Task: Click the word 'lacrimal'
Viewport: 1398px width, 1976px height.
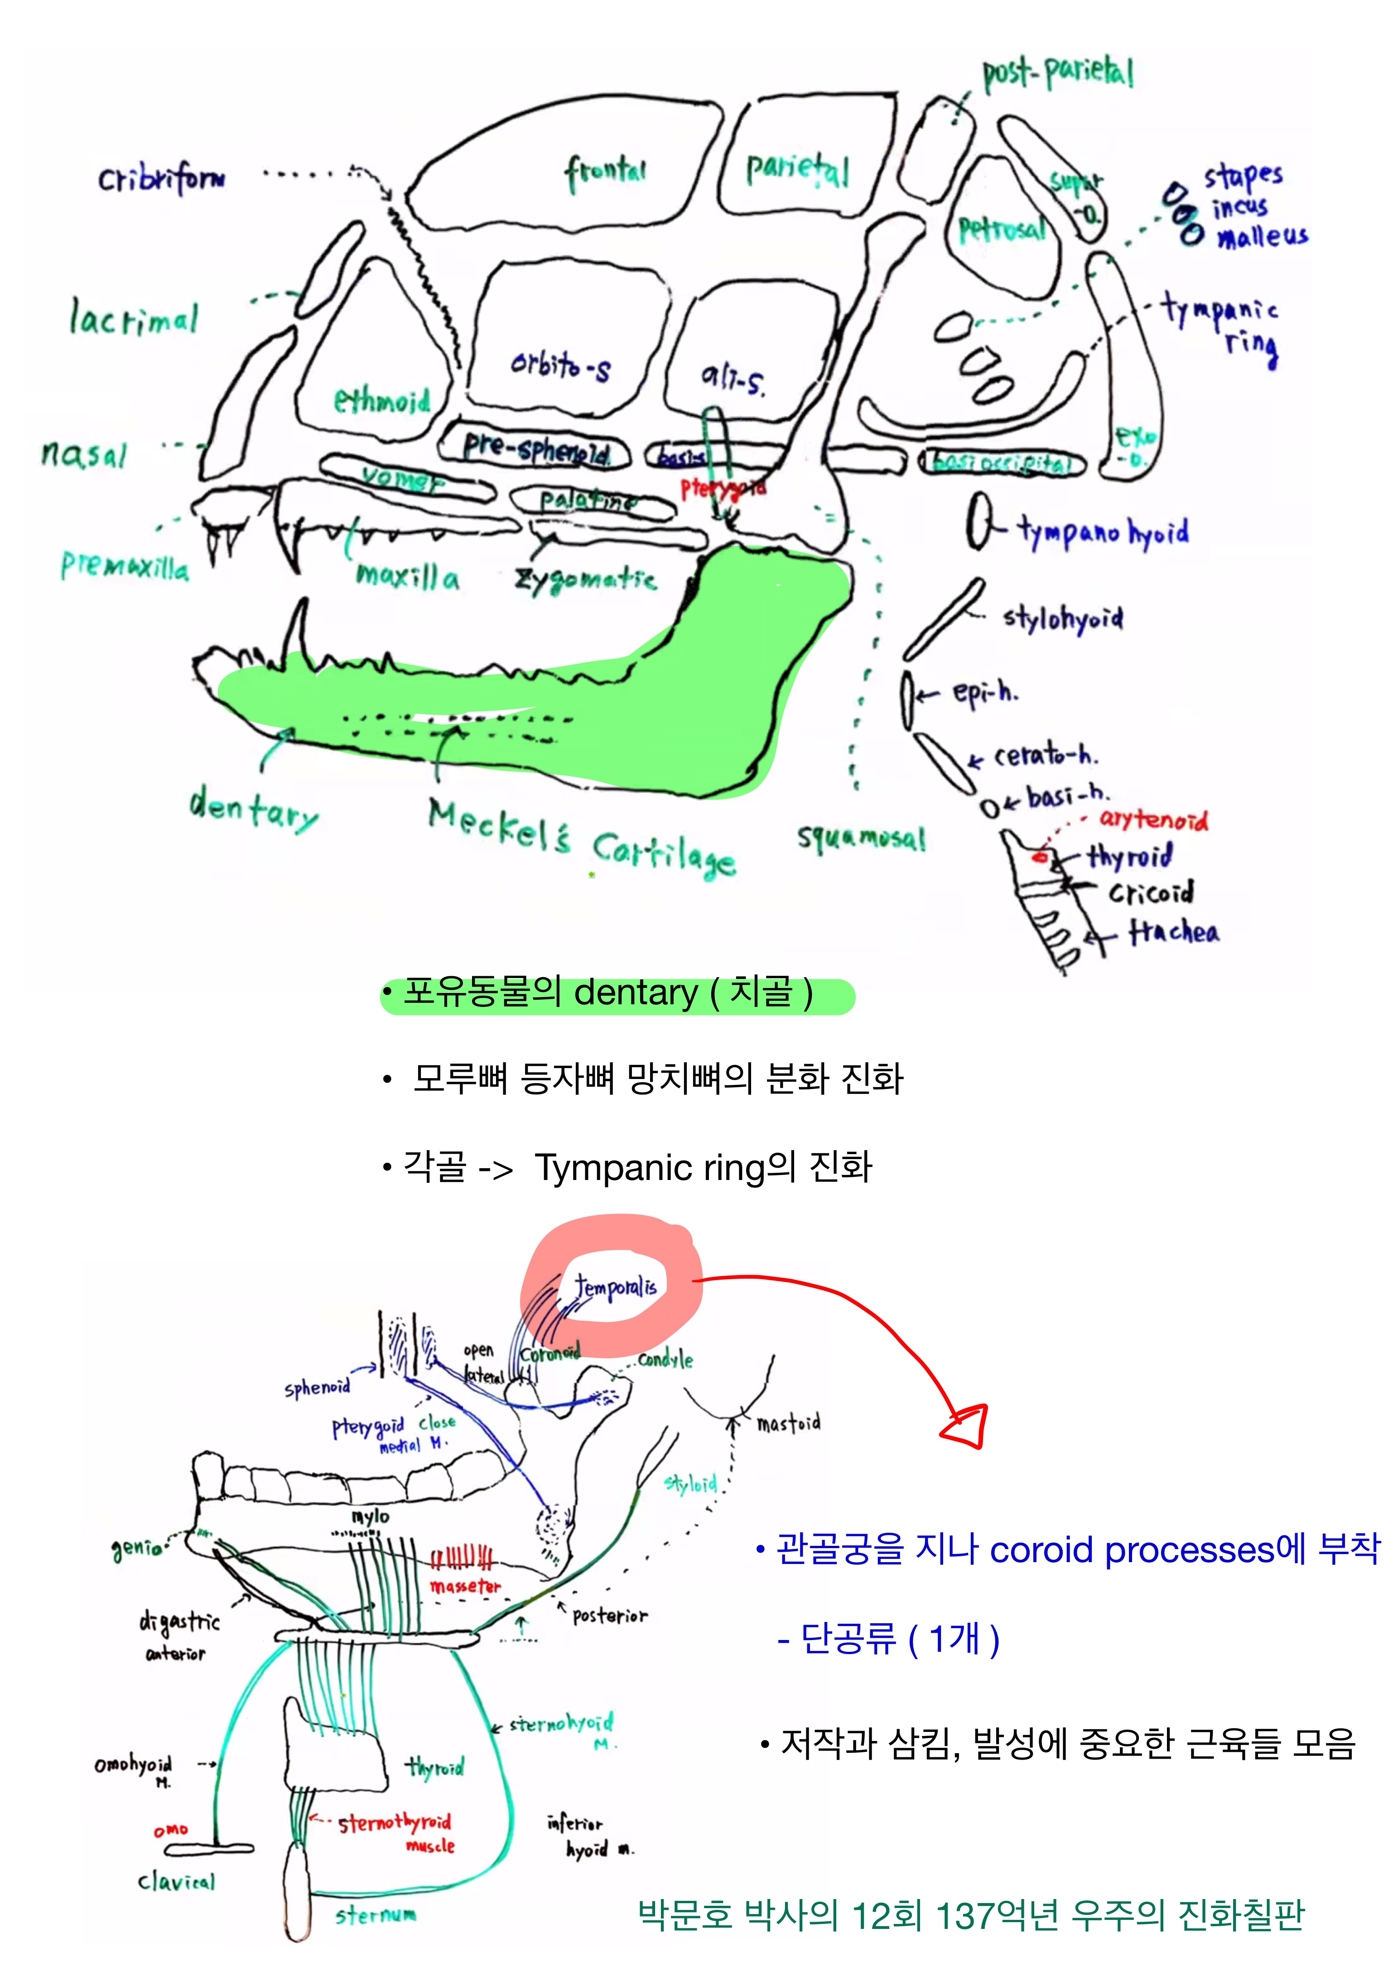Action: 134,318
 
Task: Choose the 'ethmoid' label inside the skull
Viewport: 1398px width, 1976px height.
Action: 381,400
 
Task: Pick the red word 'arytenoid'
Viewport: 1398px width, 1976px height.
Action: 1153,819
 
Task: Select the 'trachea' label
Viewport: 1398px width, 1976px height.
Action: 1174,932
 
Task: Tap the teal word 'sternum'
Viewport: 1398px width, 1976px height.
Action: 376,1915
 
